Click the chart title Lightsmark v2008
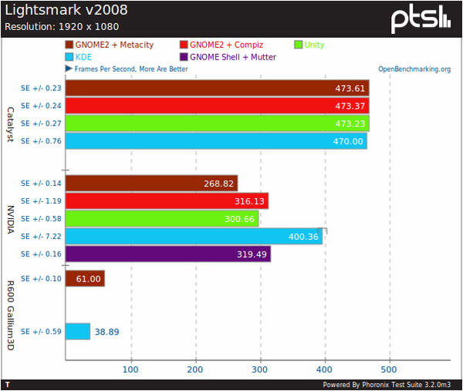tap(66, 11)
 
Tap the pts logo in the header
tap(420, 19)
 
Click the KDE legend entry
tap(83, 57)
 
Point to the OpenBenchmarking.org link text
tap(414, 69)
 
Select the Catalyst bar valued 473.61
tap(217, 88)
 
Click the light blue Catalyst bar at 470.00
tap(216, 141)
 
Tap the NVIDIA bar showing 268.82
tap(151, 183)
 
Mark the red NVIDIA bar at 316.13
tap(167, 201)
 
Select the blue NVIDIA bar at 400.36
tap(194, 236)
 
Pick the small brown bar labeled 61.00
tap(85, 278)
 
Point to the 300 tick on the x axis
tap(261, 369)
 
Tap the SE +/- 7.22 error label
tap(41, 236)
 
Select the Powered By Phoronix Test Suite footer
tap(390, 384)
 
